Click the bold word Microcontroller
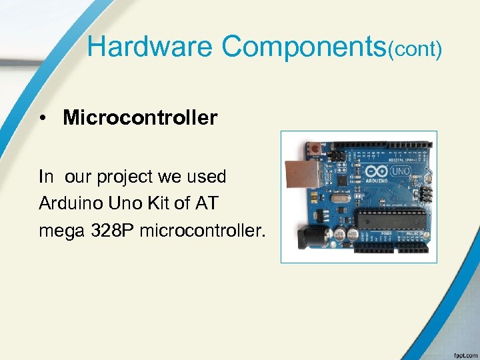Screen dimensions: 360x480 point(140,118)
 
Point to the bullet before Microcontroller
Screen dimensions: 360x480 point(43,119)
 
